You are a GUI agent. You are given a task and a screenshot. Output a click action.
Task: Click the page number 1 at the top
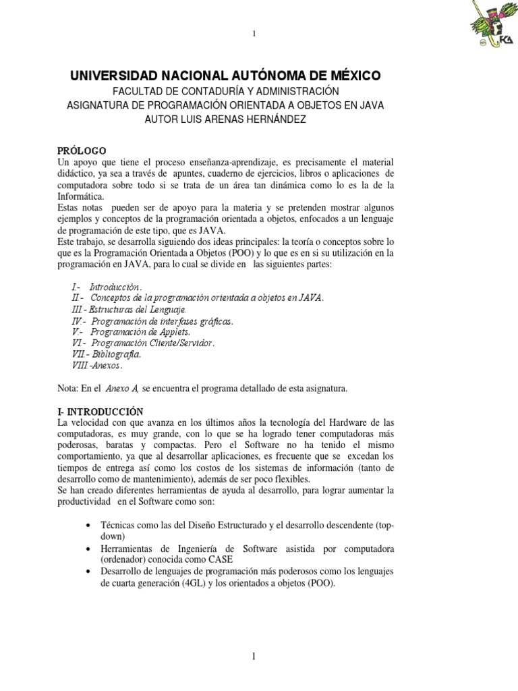(x=254, y=34)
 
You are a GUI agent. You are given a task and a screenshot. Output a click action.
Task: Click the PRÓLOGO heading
(x=82, y=150)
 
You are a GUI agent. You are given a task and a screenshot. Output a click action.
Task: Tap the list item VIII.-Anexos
(x=97, y=365)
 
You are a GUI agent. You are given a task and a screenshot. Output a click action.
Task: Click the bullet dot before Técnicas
(x=91, y=525)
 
